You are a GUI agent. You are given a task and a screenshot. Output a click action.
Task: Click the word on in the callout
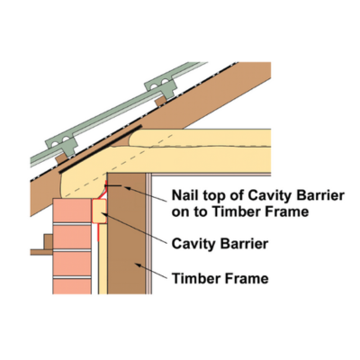pyautogui.click(x=179, y=212)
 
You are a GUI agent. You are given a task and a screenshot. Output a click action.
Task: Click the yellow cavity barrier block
pyautogui.click(x=99, y=211)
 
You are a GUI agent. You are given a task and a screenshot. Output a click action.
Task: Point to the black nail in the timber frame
pyautogui.click(x=113, y=186)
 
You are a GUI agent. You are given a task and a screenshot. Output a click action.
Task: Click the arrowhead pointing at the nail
pyautogui.click(x=127, y=188)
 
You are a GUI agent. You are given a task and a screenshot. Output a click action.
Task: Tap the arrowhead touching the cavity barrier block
pyautogui.click(x=103, y=213)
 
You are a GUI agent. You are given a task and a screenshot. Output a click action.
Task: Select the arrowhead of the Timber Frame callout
pyautogui.click(x=138, y=265)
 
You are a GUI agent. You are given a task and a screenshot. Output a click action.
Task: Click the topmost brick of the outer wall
pyautogui.click(x=72, y=211)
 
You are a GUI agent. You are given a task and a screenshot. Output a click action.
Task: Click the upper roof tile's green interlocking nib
pyautogui.click(x=160, y=85)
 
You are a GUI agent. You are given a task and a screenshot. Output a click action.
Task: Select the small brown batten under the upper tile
pyautogui.click(x=160, y=101)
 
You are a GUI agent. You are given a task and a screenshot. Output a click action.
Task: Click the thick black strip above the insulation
pyautogui.click(x=101, y=149)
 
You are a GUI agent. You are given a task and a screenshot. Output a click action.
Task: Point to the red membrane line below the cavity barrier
pyautogui.click(x=99, y=232)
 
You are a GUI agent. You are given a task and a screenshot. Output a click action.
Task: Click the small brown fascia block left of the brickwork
pyautogui.click(x=49, y=242)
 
